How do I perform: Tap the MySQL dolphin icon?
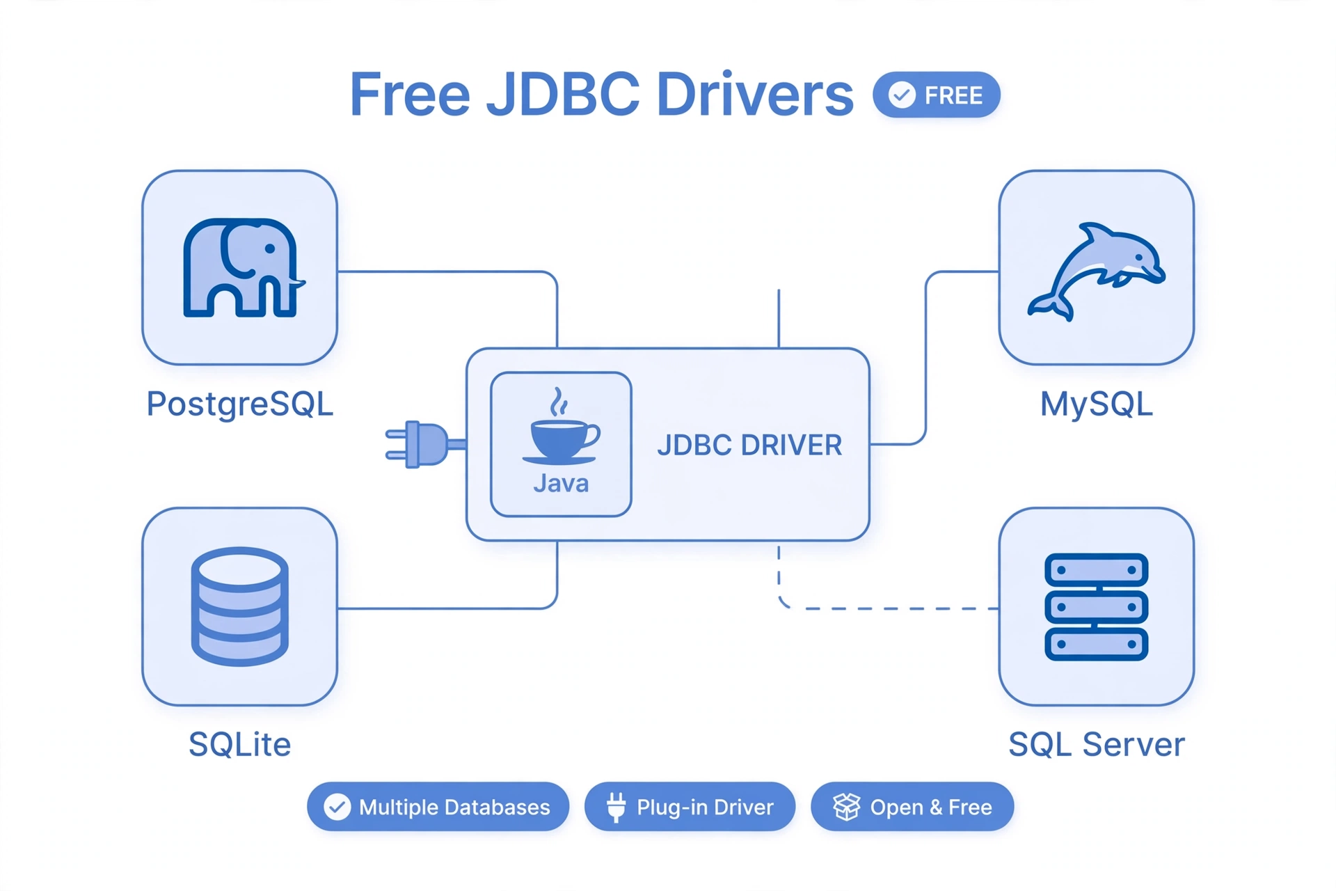coord(1096,271)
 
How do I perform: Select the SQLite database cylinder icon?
coord(240,606)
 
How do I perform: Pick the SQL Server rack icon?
coord(1096,606)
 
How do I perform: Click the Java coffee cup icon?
coord(561,426)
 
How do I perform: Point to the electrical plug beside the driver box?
coord(425,444)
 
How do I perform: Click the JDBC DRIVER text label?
coord(749,445)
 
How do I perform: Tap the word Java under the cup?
coord(561,483)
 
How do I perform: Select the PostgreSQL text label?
coord(240,404)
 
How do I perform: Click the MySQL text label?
coord(1097,404)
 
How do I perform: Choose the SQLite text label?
coord(240,744)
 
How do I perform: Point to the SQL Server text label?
coord(1097,744)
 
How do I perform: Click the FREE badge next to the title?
coord(937,95)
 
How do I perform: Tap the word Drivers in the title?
coord(754,95)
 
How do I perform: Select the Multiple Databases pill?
coord(438,807)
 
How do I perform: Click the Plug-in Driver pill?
coord(690,807)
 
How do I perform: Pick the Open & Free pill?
coord(912,807)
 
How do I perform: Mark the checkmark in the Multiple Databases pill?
coord(337,807)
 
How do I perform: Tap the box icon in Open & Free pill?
coord(847,807)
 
